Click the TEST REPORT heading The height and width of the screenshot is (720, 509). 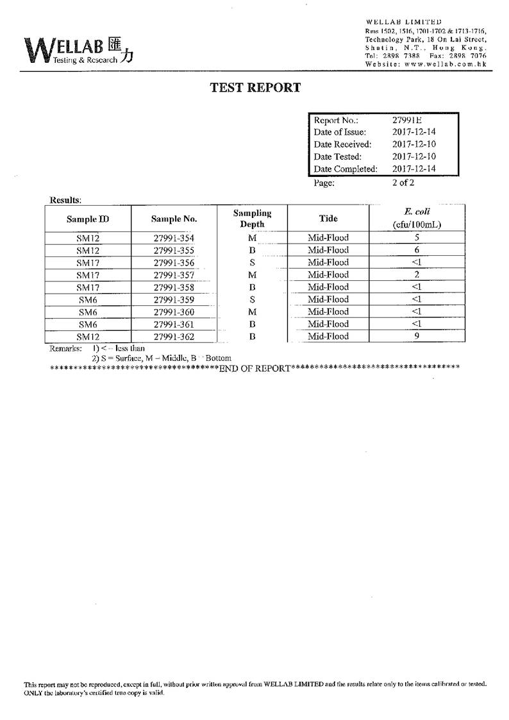[255, 88]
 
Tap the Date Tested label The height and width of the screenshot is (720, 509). [338, 156]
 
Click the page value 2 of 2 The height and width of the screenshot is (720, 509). [403, 182]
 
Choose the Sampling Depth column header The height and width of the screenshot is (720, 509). [252, 218]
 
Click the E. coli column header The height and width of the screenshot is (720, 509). [417, 218]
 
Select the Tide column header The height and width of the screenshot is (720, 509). [328, 218]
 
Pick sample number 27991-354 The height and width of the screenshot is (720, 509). [174, 238]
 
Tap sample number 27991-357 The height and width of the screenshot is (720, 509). [174, 275]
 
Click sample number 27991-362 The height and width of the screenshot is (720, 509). [174, 337]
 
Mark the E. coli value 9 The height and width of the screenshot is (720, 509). [417, 336]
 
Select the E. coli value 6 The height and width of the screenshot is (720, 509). [417, 250]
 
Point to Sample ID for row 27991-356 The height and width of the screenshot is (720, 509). [87, 263]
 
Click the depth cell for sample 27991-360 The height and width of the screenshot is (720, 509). [252, 312]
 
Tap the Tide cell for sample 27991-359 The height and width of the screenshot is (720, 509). [328, 299]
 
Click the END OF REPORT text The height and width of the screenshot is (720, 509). [254, 368]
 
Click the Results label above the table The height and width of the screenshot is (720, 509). [65, 200]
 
